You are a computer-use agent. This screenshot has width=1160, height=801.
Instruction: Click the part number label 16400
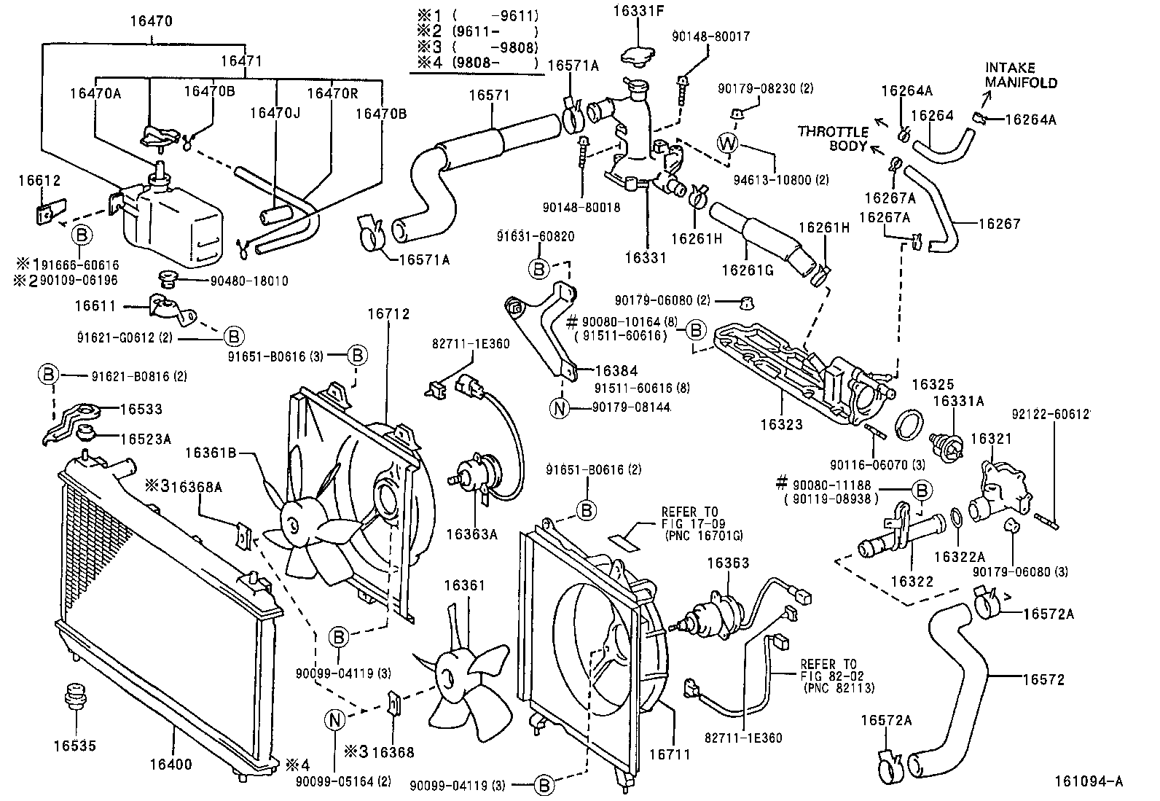tap(171, 764)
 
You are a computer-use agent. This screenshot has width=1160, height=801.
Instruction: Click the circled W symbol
tap(728, 143)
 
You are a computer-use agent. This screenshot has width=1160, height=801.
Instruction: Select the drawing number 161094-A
tap(1087, 782)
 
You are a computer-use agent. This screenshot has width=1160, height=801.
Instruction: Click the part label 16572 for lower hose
tap(1043, 679)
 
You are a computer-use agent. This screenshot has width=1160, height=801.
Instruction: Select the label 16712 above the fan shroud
tap(388, 314)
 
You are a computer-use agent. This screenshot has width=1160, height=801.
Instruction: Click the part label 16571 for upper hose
tap(489, 95)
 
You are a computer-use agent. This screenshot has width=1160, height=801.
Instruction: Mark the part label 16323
tap(781, 425)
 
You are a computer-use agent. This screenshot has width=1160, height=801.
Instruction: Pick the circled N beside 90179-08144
tap(559, 408)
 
